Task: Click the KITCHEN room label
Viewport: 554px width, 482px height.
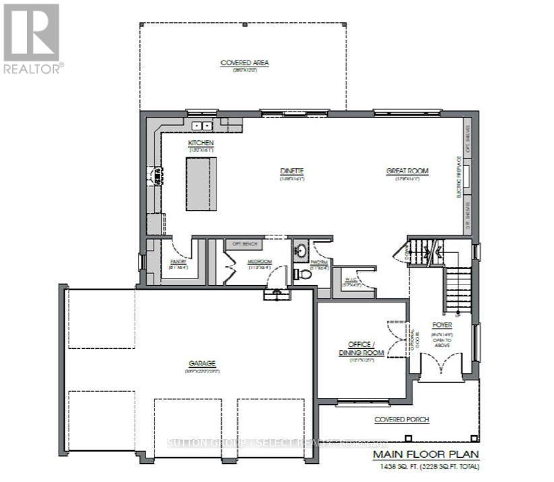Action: pos(201,143)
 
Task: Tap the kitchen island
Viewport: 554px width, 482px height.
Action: pos(202,184)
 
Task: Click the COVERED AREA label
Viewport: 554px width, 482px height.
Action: pos(244,63)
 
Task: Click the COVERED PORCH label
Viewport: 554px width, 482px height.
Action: pos(401,419)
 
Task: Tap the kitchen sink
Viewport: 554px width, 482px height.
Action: pos(201,125)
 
